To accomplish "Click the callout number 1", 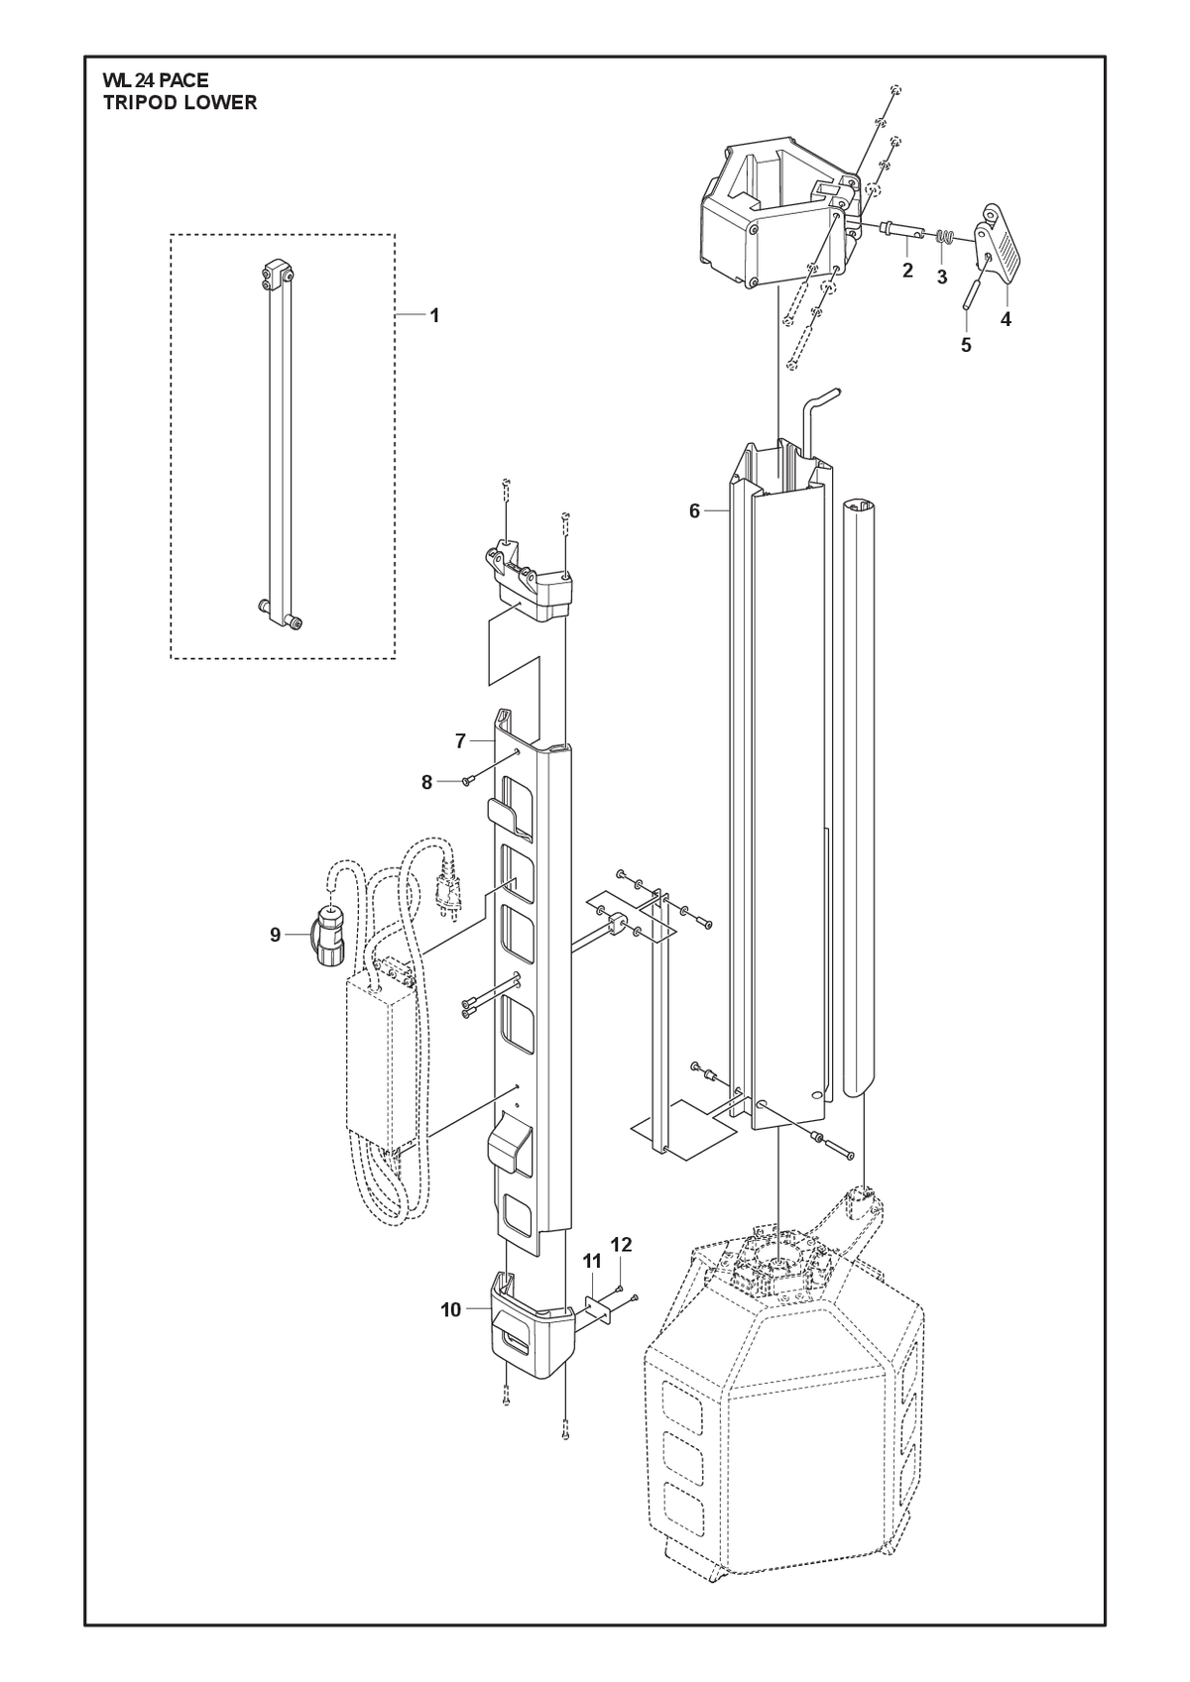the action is click(x=434, y=316).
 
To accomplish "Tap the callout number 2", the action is click(x=907, y=271).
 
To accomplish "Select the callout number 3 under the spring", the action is click(x=942, y=278).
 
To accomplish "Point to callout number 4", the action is click(x=1006, y=319).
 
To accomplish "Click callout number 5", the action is click(x=966, y=345).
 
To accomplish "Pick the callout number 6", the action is click(x=694, y=511).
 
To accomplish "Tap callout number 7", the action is click(x=460, y=741).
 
